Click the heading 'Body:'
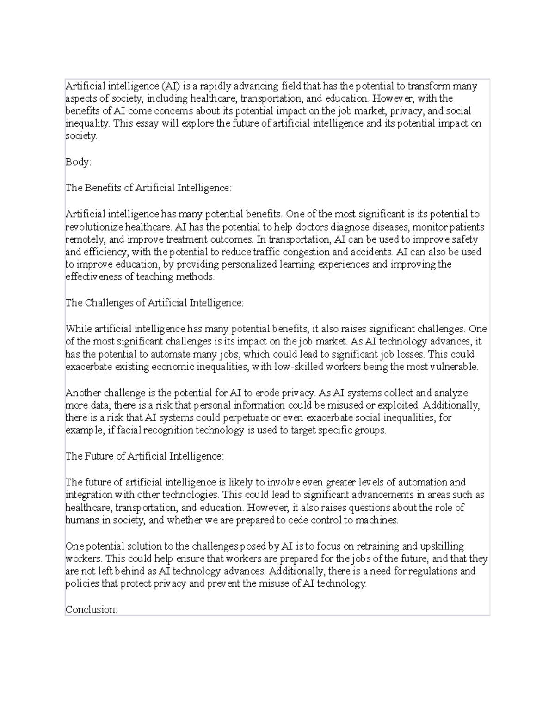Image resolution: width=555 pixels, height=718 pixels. [79, 162]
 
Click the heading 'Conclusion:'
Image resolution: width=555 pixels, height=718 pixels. [92, 609]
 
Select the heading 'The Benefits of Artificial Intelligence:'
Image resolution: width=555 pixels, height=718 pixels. [148, 188]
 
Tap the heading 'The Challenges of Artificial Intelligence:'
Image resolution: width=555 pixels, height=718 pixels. [154, 303]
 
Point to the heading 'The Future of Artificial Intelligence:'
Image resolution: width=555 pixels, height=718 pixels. [144, 456]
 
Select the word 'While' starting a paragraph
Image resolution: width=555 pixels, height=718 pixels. [78, 329]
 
